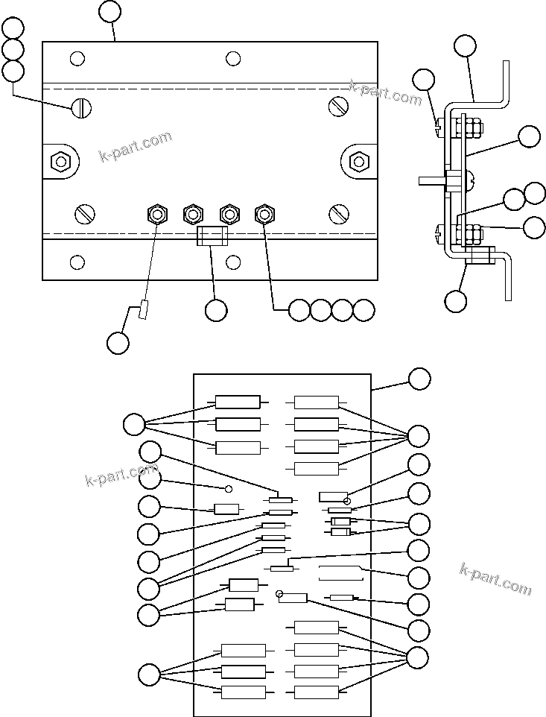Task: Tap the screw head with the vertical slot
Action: (x=81, y=109)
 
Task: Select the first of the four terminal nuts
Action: (x=156, y=215)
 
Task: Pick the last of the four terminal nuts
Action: (x=264, y=215)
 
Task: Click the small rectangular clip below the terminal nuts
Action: (x=211, y=237)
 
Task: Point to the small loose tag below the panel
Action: (x=144, y=310)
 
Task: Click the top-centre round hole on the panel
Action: (x=233, y=59)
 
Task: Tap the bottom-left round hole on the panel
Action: (x=77, y=262)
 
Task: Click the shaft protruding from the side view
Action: (x=431, y=180)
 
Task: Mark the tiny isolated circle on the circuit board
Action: (x=229, y=489)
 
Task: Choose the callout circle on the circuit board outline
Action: (x=419, y=378)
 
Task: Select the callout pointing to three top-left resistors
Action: (x=134, y=424)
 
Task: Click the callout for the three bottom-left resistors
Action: (x=149, y=675)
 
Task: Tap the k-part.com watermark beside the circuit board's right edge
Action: (x=495, y=579)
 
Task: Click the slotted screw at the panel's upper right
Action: (x=339, y=107)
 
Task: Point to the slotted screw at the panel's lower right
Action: (x=339, y=214)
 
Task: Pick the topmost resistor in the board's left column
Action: (x=238, y=402)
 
